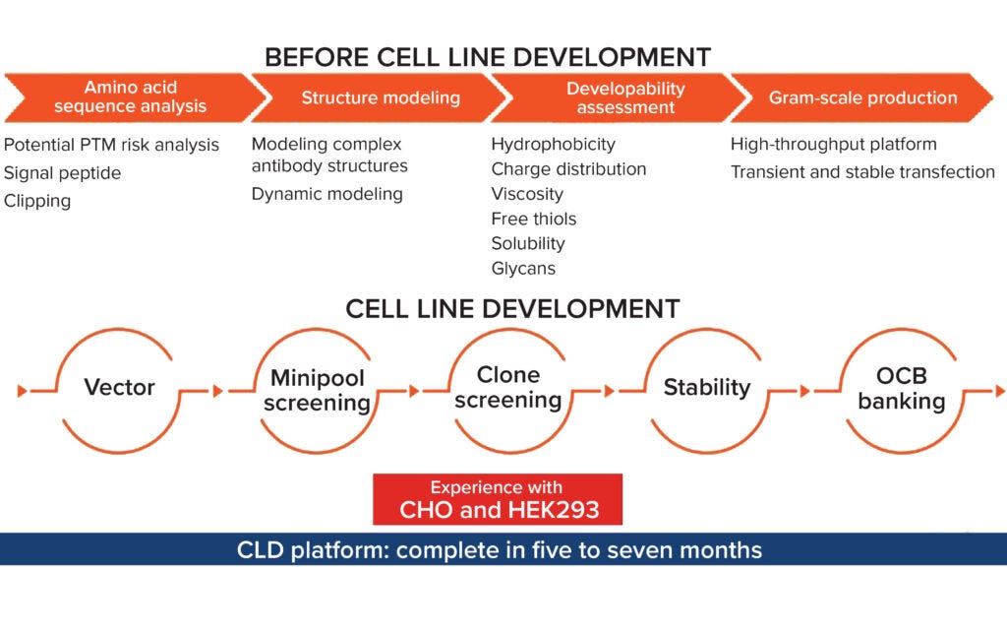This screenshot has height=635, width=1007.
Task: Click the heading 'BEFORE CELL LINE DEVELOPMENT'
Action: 487,56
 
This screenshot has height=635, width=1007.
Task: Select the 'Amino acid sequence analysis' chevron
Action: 130,96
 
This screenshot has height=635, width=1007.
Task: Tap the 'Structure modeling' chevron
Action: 380,97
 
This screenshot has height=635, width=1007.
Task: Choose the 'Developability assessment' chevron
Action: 625,97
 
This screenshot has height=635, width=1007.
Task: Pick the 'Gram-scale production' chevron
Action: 862,97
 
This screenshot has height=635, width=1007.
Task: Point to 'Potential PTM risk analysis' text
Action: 111,145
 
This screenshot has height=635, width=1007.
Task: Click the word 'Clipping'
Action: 37,201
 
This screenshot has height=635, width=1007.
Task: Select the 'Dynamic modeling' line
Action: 326,194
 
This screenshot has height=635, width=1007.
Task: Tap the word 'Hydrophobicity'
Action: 553,145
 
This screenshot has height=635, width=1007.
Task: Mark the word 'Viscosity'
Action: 527,194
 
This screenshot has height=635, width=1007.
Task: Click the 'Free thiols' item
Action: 534,219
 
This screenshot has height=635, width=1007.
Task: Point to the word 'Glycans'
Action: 523,268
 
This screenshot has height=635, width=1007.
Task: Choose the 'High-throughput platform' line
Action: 833,145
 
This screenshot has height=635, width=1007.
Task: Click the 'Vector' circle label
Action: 119,387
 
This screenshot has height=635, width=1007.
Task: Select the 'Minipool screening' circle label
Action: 317,390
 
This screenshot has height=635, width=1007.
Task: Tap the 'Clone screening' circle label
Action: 508,387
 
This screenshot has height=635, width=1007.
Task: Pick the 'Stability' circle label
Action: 706,387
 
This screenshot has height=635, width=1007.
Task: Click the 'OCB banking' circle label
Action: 901,389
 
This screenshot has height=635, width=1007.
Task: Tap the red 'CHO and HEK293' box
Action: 498,499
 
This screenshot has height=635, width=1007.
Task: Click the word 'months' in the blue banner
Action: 723,549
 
